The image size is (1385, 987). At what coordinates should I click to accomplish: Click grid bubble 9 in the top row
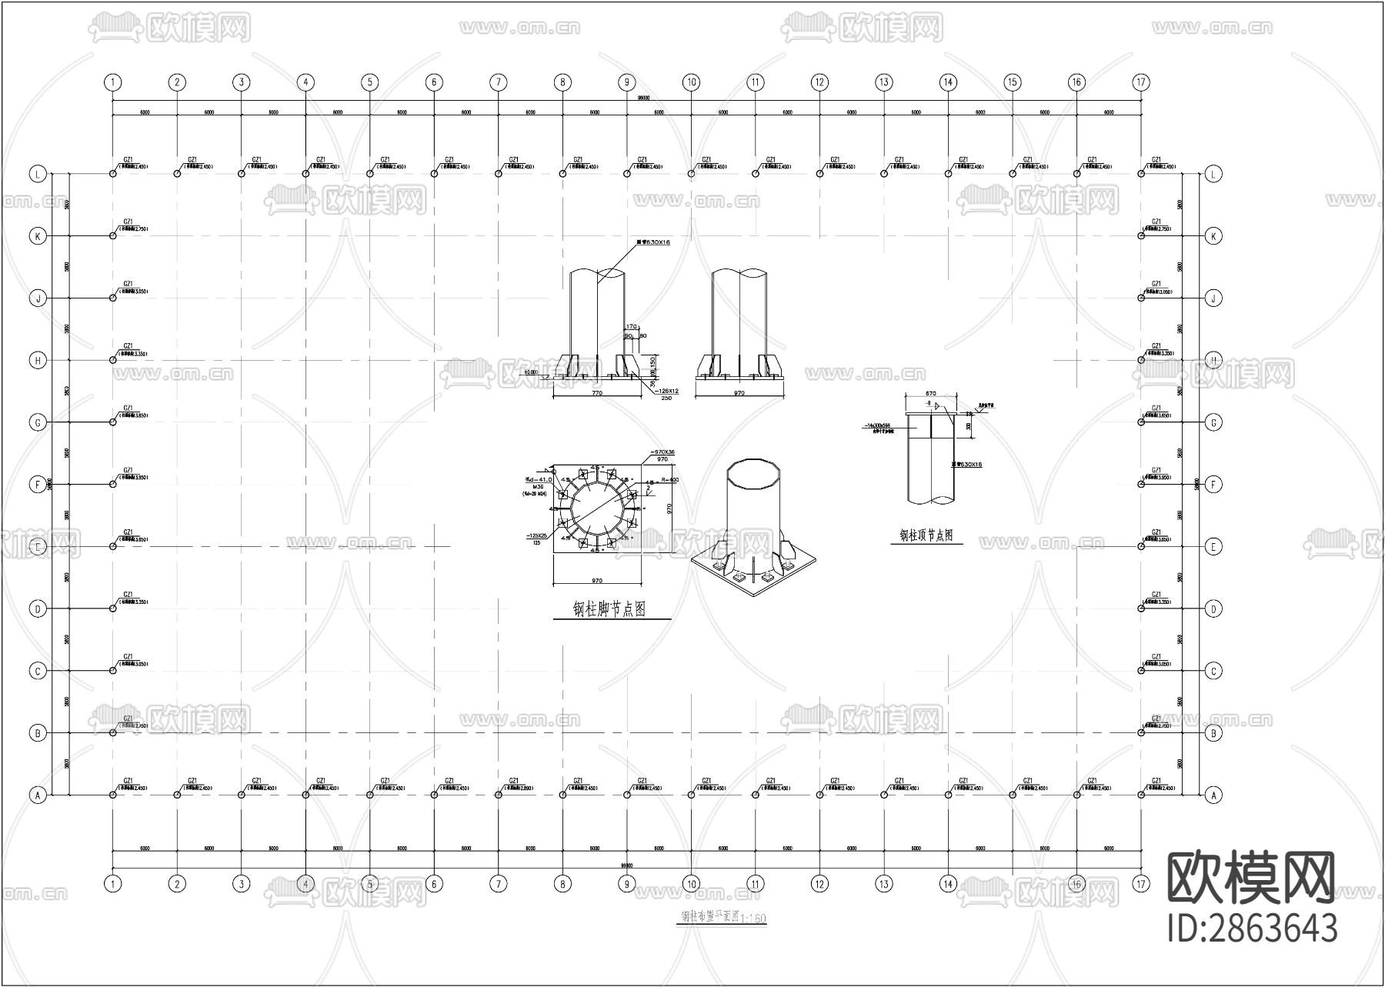point(627,82)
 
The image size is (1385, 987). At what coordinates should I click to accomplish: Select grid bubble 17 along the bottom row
point(1140,884)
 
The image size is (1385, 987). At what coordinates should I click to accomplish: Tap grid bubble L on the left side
point(38,174)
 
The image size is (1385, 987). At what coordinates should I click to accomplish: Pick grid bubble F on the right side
point(1213,485)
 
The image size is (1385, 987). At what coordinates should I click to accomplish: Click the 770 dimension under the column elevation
point(596,393)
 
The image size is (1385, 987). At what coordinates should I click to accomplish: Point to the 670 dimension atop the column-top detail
point(930,394)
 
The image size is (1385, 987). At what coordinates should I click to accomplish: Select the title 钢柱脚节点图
point(609,609)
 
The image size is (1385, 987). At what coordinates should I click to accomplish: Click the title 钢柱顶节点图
point(926,535)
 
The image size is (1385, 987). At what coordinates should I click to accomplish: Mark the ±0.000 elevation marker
point(530,372)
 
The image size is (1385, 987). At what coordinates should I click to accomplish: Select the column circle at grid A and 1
point(113,795)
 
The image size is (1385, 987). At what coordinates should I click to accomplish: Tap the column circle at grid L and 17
point(1140,174)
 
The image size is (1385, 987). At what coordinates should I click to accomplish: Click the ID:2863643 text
point(1253,929)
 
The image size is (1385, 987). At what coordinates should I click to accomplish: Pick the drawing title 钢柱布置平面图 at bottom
point(709,917)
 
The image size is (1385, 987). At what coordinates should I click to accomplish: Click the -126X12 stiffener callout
point(666,391)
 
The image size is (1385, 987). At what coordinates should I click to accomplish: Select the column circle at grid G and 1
point(113,422)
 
